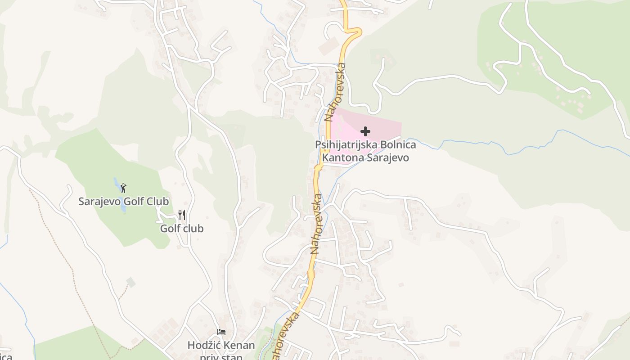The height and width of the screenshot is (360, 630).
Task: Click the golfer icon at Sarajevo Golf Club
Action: [x=124, y=188]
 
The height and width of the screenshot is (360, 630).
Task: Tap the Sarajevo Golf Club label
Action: [x=123, y=201]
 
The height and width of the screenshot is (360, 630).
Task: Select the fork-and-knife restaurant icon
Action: [x=182, y=215]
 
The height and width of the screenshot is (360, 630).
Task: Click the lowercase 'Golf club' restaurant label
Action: [x=182, y=229]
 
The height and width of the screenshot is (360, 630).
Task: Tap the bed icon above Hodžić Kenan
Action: [x=221, y=332]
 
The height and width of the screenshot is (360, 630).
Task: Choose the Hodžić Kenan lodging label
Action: [x=221, y=346]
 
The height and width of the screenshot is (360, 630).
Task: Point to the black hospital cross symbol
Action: [x=365, y=131]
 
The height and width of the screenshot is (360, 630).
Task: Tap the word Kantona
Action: [x=343, y=158]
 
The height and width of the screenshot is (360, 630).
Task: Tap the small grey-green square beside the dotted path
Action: [x=130, y=282]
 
